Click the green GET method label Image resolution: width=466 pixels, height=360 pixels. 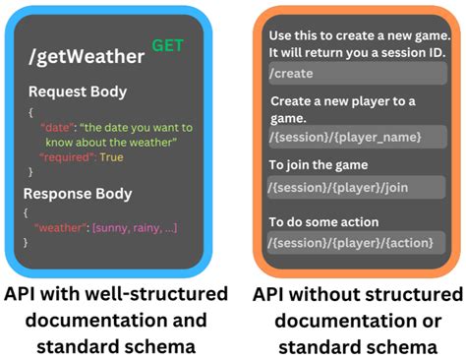[x=167, y=44]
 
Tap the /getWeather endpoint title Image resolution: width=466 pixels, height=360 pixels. [x=87, y=57]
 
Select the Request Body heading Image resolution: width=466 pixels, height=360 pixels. [x=77, y=91]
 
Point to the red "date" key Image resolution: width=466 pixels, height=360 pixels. [x=55, y=128]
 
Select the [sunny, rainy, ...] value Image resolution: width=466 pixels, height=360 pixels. [x=136, y=228]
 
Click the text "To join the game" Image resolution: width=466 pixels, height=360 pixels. [x=318, y=164]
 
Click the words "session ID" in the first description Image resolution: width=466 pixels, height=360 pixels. [x=421, y=51]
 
